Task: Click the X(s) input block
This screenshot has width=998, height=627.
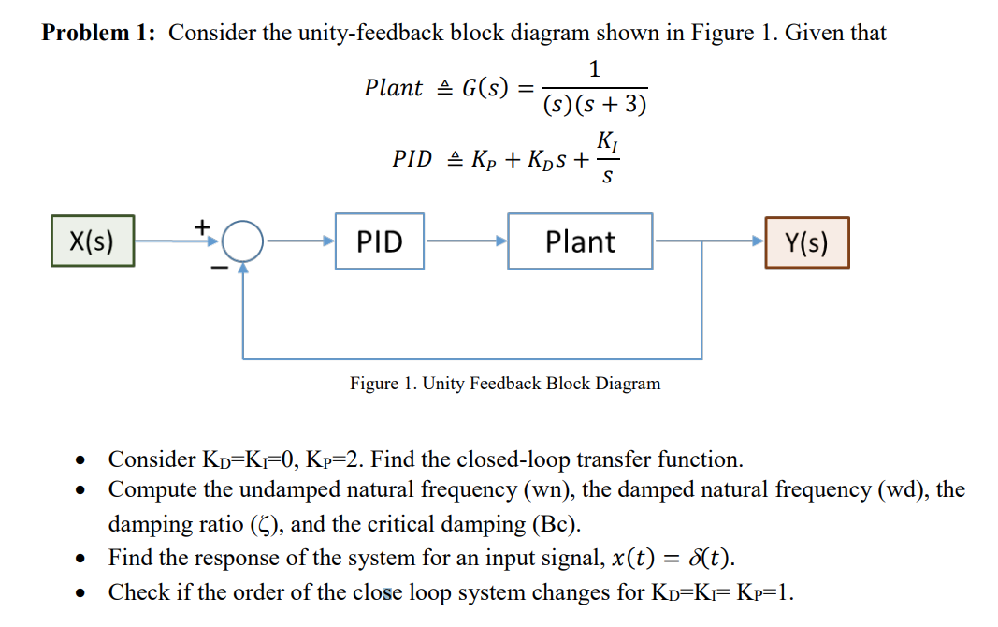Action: (x=92, y=241)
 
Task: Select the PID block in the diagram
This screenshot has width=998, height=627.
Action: (x=381, y=241)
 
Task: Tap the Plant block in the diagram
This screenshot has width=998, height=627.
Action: (x=580, y=241)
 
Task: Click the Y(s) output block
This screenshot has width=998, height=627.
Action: (x=806, y=242)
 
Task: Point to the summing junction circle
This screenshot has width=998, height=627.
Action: (x=244, y=242)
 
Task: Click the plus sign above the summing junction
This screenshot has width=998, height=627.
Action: (x=200, y=226)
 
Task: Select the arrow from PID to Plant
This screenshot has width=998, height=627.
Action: (x=467, y=241)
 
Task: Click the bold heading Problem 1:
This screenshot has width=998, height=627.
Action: (x=99, y=34)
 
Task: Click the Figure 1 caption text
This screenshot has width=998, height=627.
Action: (x=505, y=384)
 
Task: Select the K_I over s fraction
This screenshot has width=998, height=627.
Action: (x=606, y=159)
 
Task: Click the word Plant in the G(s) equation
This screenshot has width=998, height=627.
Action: (x=393, y=88)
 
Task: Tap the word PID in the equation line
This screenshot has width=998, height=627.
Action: (x=412, y=159)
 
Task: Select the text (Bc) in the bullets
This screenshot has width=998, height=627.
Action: (x=549, y=524)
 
